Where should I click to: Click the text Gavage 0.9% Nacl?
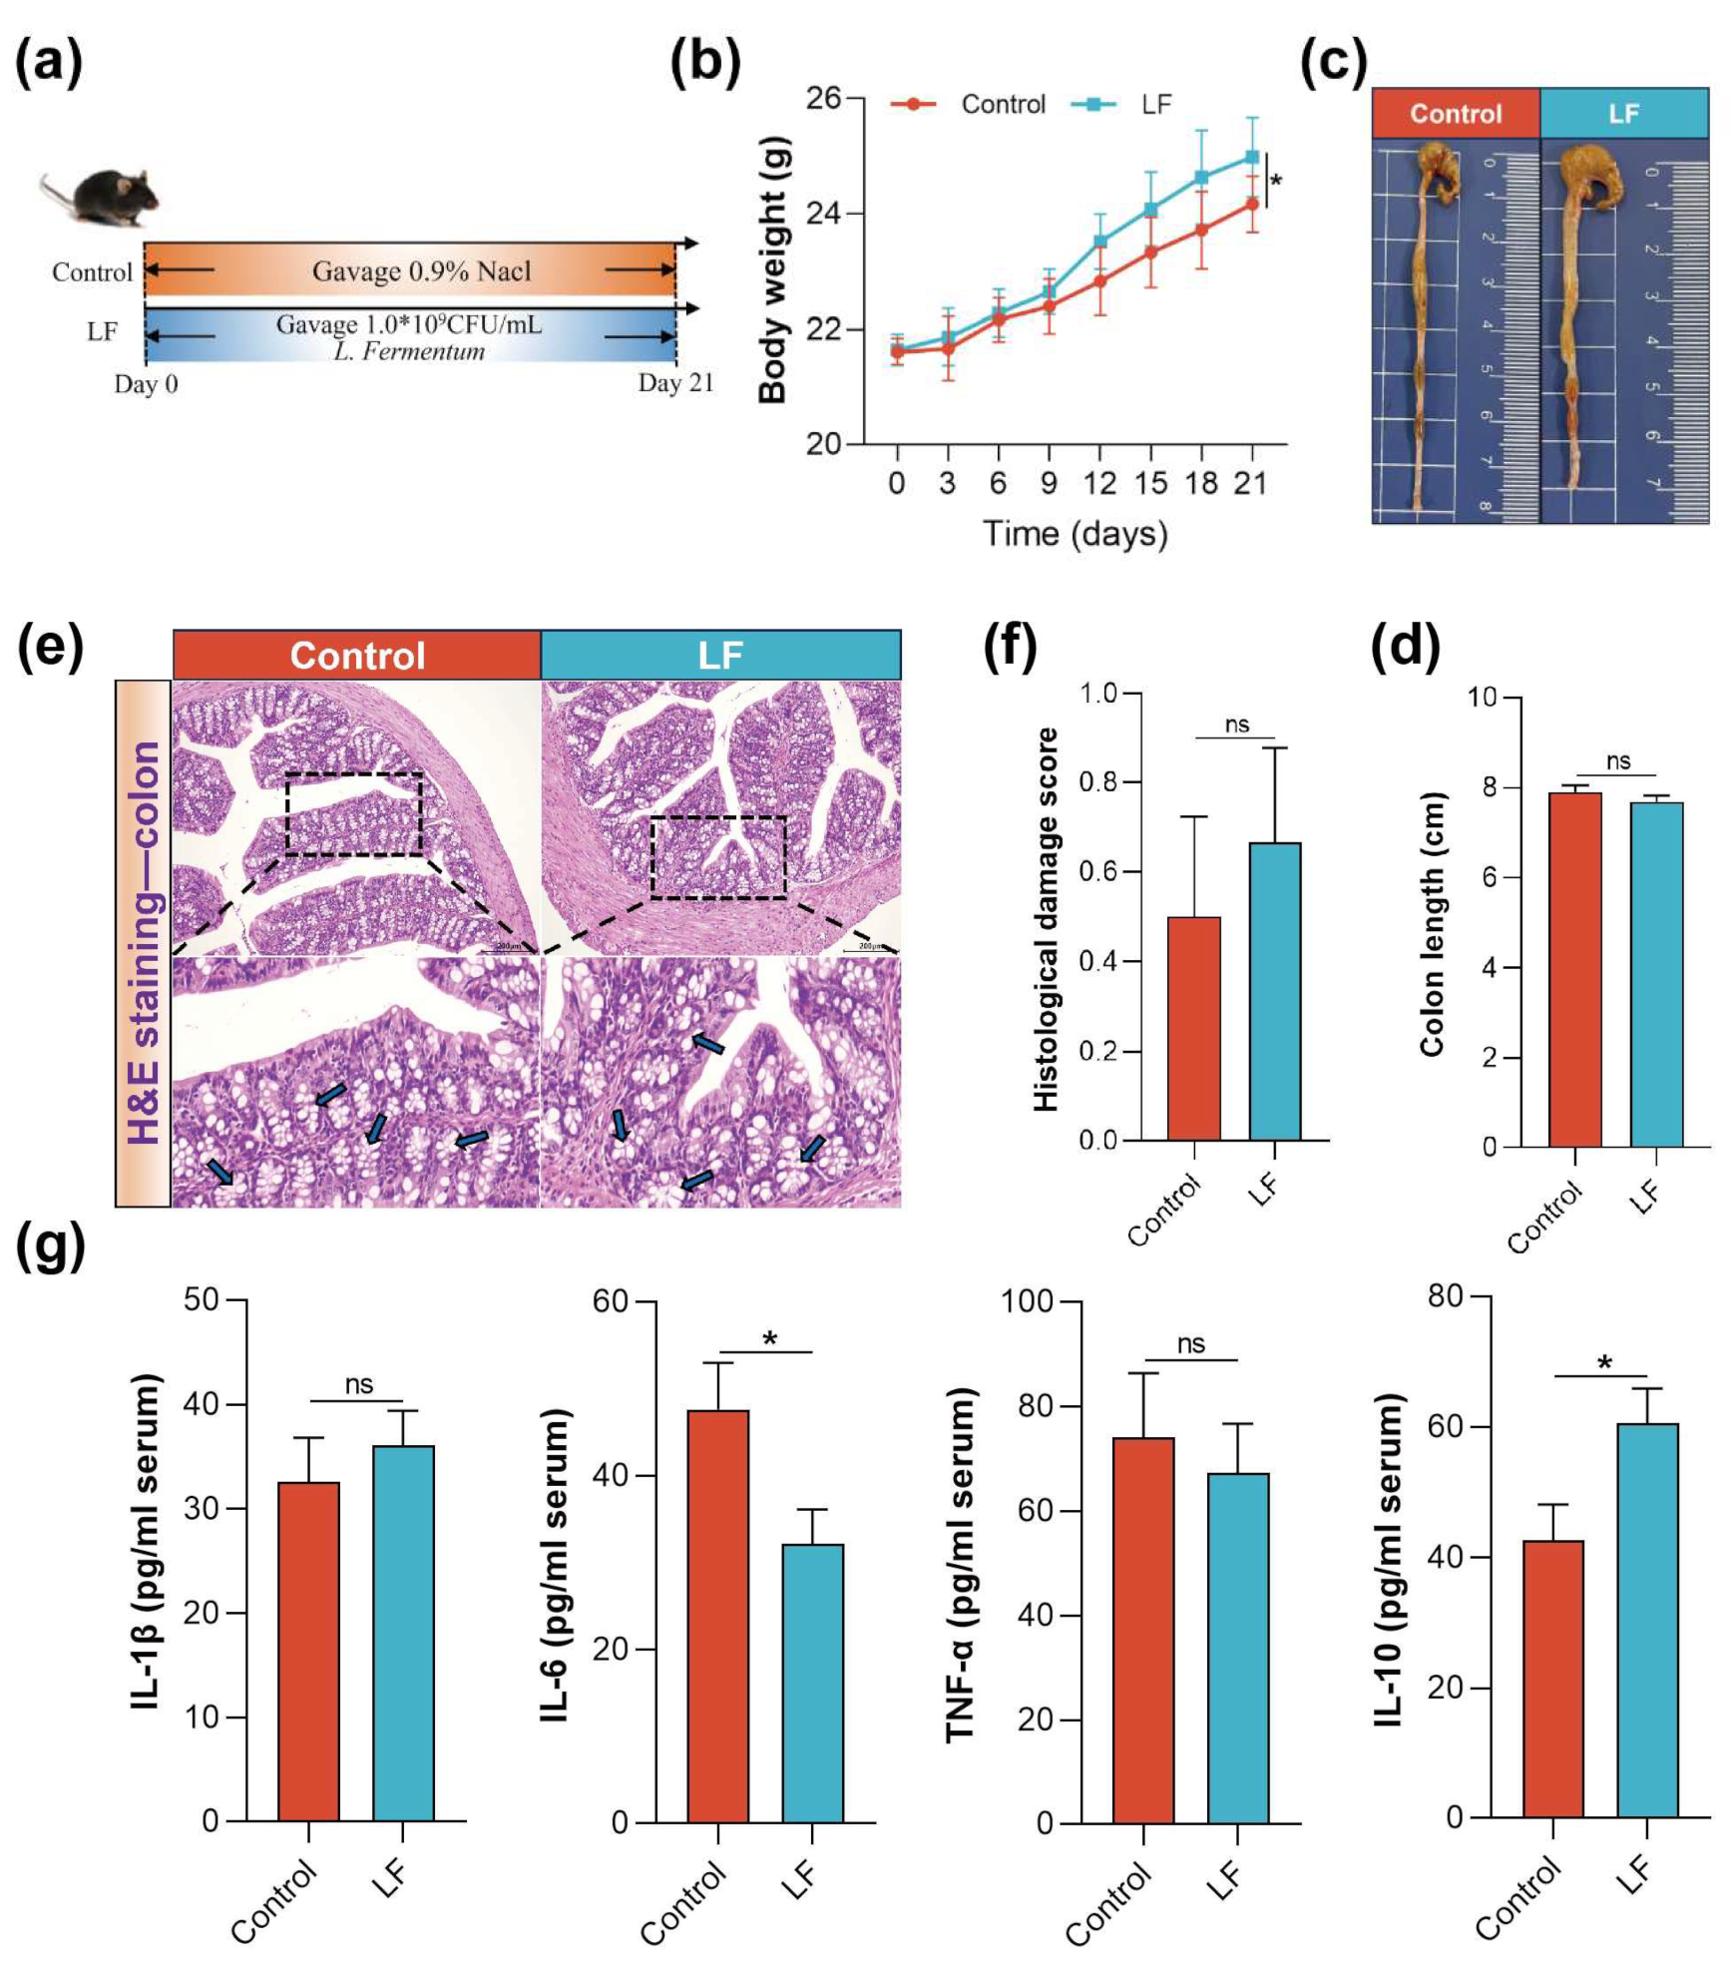421,271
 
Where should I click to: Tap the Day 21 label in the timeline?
675,383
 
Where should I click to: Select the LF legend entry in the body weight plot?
1155,104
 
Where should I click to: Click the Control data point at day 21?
1252,204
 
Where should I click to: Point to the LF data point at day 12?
1100,242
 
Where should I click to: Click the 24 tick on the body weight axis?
824,214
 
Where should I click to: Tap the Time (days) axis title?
1075,533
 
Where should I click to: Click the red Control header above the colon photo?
1455,114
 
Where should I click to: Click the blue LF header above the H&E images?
719,656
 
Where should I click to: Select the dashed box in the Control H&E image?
354,813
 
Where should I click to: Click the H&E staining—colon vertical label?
144,942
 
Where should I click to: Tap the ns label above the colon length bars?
1617,761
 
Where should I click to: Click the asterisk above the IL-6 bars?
769,1339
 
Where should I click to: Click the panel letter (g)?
50,1247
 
